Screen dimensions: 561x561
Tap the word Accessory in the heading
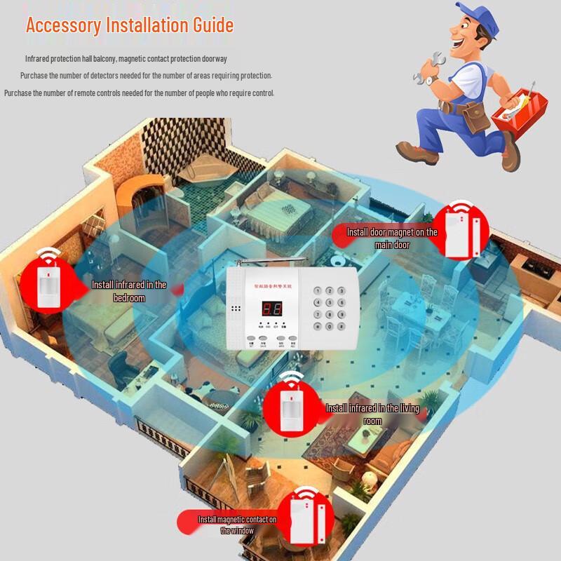click(63, 26)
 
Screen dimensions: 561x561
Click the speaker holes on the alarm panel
click(236, 309)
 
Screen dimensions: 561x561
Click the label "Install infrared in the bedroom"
click(129, 291)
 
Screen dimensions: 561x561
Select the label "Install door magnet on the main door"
click(393, 238)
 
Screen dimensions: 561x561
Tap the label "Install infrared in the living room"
click(372, 414)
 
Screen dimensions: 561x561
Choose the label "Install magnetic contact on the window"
click(237, 525)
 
